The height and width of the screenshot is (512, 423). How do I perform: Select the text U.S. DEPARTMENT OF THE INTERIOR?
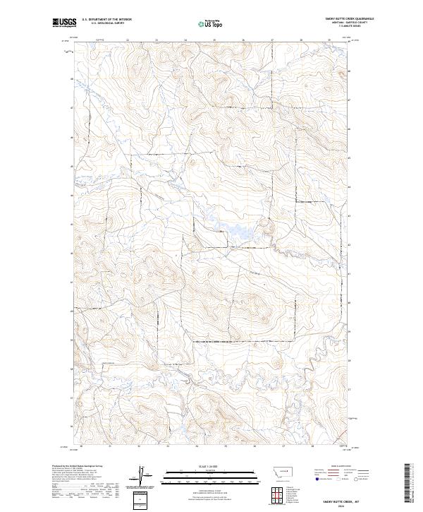click(106, 20)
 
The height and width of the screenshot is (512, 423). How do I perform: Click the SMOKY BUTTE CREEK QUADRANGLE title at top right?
click(349, 19)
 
